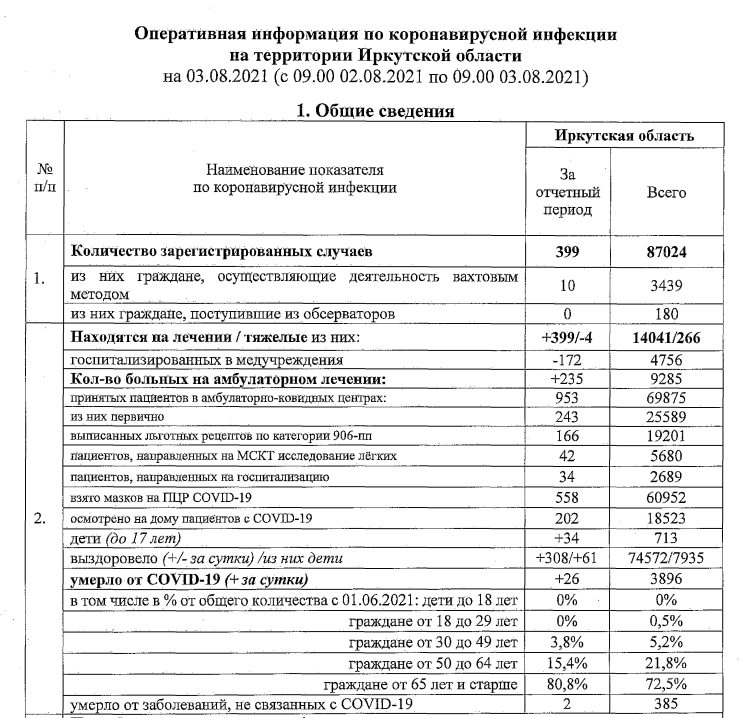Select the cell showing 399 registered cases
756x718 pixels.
tap(567, 253)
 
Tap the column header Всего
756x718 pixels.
tap(666, 191)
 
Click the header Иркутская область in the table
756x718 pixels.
tap(626, 135)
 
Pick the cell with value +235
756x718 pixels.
tap(567, 380)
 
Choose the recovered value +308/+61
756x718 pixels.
tap(567, 558)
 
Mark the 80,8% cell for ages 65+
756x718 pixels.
tap(567, 684)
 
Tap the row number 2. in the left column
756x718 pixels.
tap(37, 520)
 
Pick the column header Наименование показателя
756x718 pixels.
tap(295, 171)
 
